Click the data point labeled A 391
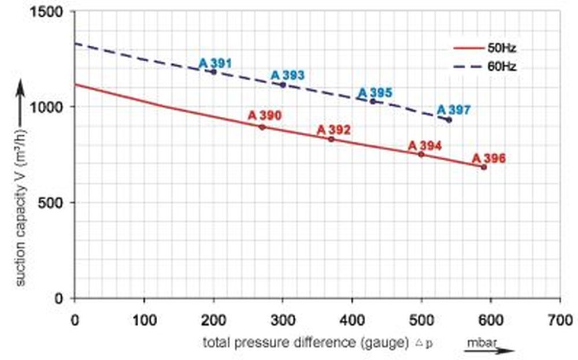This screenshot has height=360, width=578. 213,72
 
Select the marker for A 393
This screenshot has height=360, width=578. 283,85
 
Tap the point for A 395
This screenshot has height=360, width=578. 373,102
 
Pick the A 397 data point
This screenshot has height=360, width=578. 449,120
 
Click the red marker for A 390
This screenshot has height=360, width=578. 262,127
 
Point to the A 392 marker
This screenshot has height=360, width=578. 331,139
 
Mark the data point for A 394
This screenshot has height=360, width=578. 421,154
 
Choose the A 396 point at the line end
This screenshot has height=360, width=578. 484,167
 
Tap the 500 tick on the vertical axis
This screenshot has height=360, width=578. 55,203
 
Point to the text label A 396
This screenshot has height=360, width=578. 488,158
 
